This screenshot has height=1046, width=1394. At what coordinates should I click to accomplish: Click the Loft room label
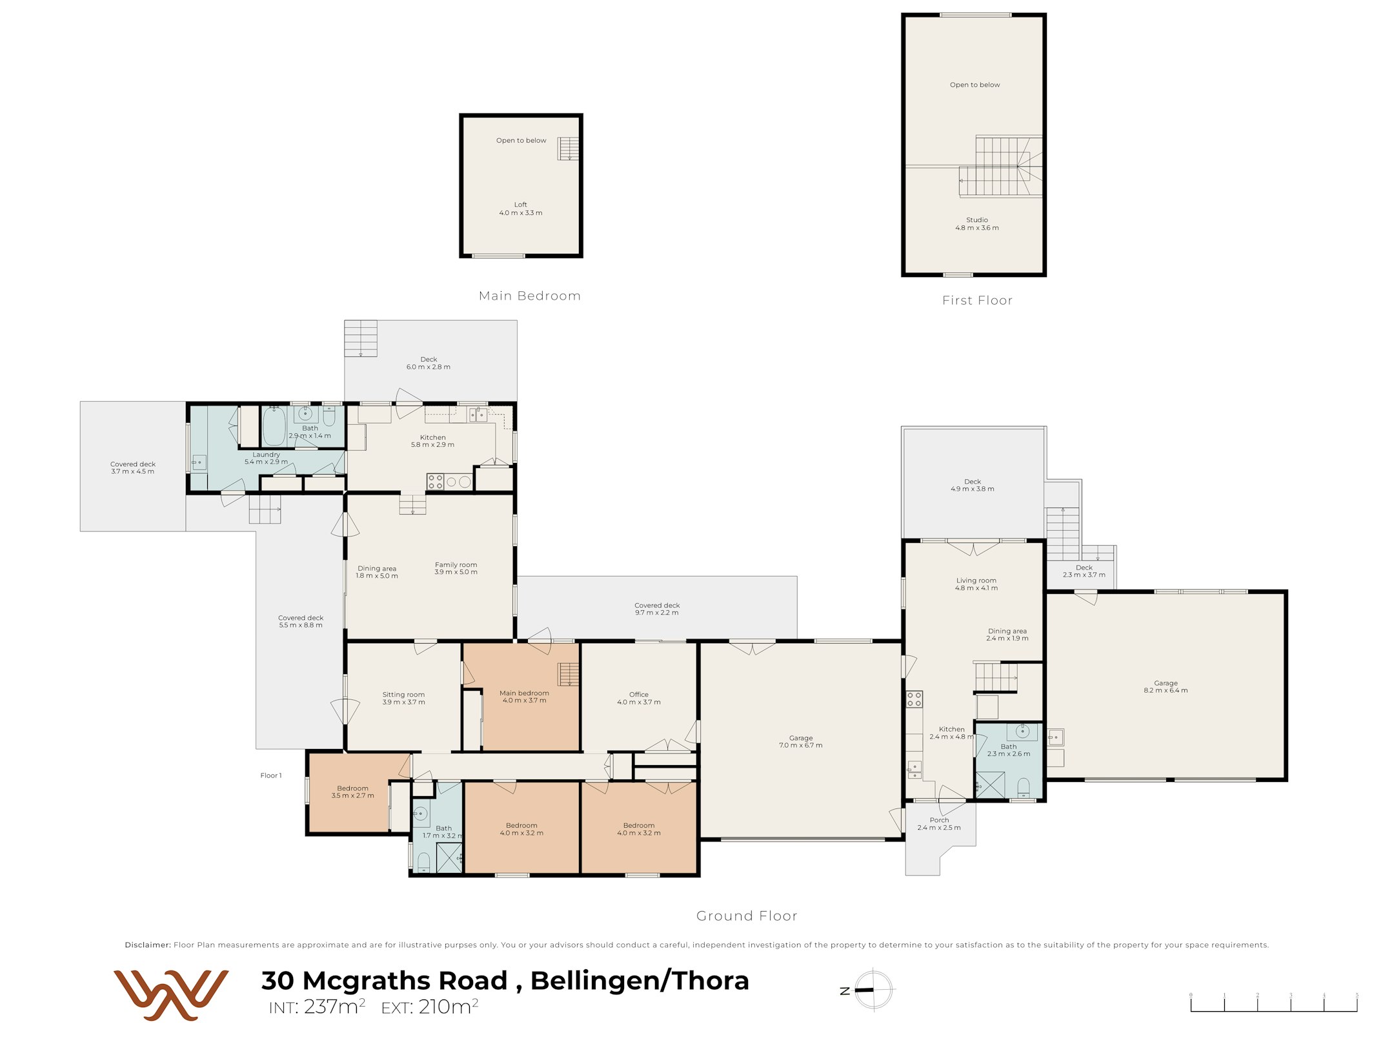[x=520, y=205]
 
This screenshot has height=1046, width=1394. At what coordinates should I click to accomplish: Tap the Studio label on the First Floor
[x=977, y=220]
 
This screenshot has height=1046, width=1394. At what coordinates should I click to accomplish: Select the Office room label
[x=639, y=695]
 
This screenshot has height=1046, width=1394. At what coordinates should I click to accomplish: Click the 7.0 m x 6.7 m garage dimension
[x=801, y=746]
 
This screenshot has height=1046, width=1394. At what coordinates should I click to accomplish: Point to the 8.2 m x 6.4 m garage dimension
[x=1166, y=691]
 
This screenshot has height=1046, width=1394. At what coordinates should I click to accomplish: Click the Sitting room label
[x=403, y=695]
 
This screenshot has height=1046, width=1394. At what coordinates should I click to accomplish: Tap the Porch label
[x=939, y=820]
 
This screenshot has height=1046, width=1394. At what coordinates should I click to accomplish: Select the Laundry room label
[x=266, y=455]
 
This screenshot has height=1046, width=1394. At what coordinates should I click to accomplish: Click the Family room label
[x=456, y=565]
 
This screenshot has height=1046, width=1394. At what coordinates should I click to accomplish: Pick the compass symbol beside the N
[x=874, y=989]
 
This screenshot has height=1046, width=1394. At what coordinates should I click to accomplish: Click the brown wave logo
[x=171, y=995]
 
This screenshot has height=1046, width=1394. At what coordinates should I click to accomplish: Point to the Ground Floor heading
[x=747, y=916]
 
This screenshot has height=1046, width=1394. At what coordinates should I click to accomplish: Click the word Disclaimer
[x=148, y=945]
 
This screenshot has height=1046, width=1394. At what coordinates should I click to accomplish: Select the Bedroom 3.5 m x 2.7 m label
[x=352, y=792]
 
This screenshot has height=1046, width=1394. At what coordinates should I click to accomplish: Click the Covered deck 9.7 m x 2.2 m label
[x=657, y=609]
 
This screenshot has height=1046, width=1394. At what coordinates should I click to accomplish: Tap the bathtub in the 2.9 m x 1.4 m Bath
[x=274, y=426]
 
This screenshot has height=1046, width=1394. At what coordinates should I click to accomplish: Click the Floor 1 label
[x=271, y=775]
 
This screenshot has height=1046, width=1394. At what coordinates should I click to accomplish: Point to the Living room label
[x=976, y=580]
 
